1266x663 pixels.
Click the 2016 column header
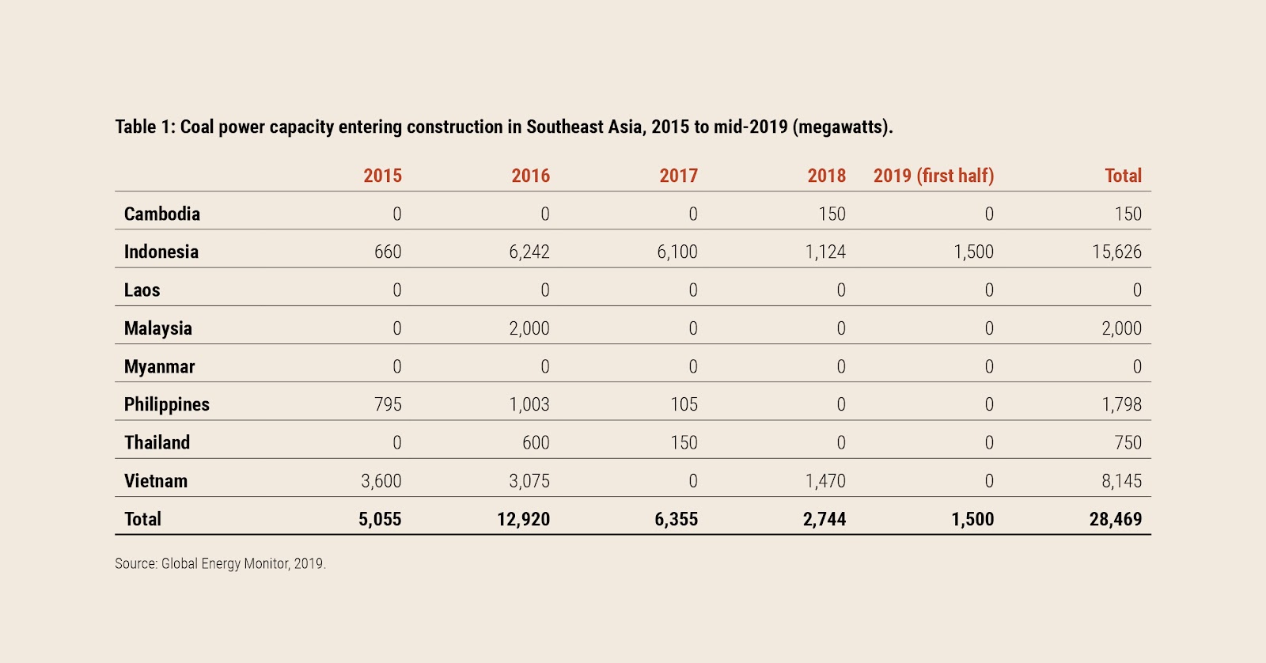tap(530, 176)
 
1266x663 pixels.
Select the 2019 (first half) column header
tap(934, 176)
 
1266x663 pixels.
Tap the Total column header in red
tap(1123, 176)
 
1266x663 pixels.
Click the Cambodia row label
tap(162, 214)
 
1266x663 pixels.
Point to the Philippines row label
tap(167, 404)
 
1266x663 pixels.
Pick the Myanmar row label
tap(159, 366)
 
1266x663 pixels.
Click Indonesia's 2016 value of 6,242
tap(529, 252)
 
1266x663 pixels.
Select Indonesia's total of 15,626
tap(1116, 252)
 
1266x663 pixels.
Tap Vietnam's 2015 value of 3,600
tap(381, 480)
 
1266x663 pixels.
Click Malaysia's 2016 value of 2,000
tap(529, 328)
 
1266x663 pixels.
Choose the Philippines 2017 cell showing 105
tap(684, 404)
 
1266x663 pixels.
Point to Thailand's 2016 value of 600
tap(536, 442)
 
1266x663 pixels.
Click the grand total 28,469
tap(1116, 519)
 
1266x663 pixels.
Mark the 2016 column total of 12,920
tap(524, 519)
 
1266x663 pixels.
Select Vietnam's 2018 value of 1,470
tap(825, 480)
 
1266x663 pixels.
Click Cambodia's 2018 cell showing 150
tap(832, 214)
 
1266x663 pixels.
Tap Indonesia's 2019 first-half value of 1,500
tap(973, 252)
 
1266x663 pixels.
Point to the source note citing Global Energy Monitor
tap(220, 563)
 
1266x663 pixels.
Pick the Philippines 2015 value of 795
tap(388, 404)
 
